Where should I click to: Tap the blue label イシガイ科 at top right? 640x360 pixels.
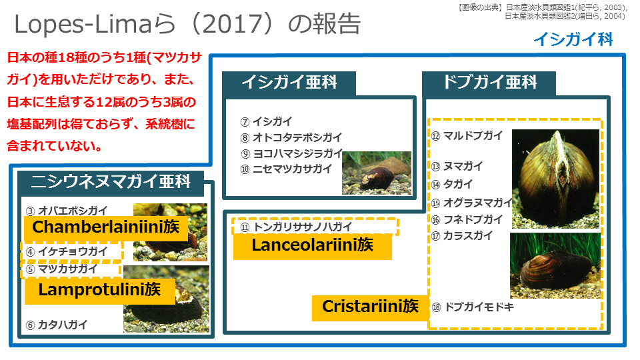(573, 39)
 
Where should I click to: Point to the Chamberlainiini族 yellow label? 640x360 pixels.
(106, 227)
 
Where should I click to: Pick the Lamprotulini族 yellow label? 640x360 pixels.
(100, 290)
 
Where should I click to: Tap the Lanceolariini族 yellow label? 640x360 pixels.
(313, 246)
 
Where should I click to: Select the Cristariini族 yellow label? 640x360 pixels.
(370, 307)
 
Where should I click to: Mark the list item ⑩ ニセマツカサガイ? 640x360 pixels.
(287, 169)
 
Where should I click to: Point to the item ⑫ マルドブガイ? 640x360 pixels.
(467, 135)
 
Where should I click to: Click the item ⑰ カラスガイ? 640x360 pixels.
(462, 235)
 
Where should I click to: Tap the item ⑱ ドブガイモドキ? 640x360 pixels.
(473, 307)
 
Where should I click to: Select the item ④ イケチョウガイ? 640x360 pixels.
(67, 251)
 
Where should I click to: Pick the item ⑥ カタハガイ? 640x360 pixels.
(57, 325)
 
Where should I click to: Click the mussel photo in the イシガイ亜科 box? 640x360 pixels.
(377, 173)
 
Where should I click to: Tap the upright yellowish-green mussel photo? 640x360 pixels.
(555, 179)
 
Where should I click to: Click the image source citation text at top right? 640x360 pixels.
(543, 11)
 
